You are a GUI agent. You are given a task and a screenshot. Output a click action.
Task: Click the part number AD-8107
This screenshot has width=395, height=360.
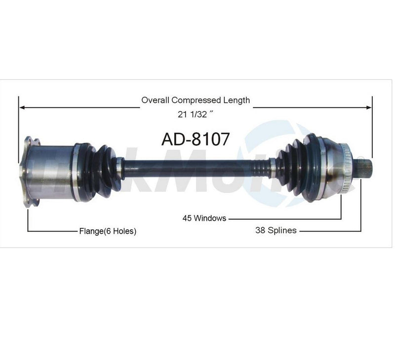coord(196,139)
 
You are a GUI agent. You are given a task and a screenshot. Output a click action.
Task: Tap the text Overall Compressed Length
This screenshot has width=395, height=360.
coord(196,100)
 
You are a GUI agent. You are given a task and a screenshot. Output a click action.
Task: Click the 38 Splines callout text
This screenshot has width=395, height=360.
coord(276,230)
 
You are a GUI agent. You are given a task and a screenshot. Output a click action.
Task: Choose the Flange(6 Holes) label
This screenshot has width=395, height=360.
coord(108,231)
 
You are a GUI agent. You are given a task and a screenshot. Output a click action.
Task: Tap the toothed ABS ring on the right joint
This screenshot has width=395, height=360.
coord(345,168)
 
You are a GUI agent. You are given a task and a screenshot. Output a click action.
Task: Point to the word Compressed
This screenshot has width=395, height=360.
coord(199,100)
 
